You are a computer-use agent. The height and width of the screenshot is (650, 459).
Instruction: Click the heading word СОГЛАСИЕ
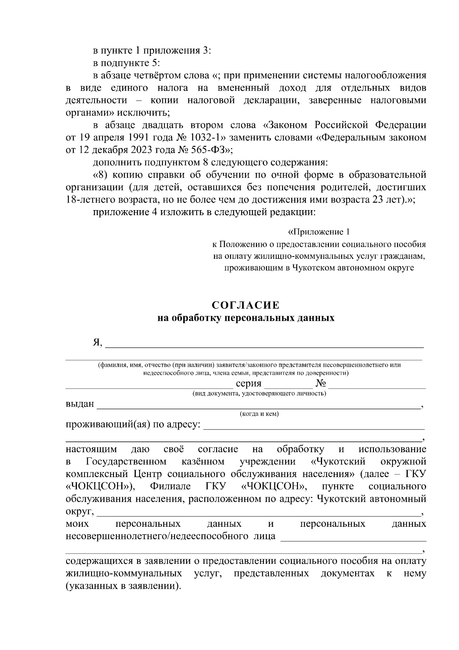pos(246,305)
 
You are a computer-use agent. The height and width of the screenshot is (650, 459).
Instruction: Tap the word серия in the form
pos(249,384)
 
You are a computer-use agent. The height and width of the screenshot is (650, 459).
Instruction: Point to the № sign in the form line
pos(321,384)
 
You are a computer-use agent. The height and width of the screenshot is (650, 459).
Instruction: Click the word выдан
pos(80,404)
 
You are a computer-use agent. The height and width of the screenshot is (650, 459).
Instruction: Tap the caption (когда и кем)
pos(259,414)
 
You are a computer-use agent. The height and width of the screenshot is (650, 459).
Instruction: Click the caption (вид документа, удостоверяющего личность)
pos(259,393)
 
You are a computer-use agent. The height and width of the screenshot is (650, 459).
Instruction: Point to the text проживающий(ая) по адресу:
pos(133,425)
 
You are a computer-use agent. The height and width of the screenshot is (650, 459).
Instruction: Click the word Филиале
pos(170,486)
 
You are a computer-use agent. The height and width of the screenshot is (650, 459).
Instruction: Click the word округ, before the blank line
pos(80,511)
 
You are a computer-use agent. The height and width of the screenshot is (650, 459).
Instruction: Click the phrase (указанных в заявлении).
pos(123,586)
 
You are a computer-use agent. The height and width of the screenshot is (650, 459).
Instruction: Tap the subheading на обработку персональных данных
pos(246,318)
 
